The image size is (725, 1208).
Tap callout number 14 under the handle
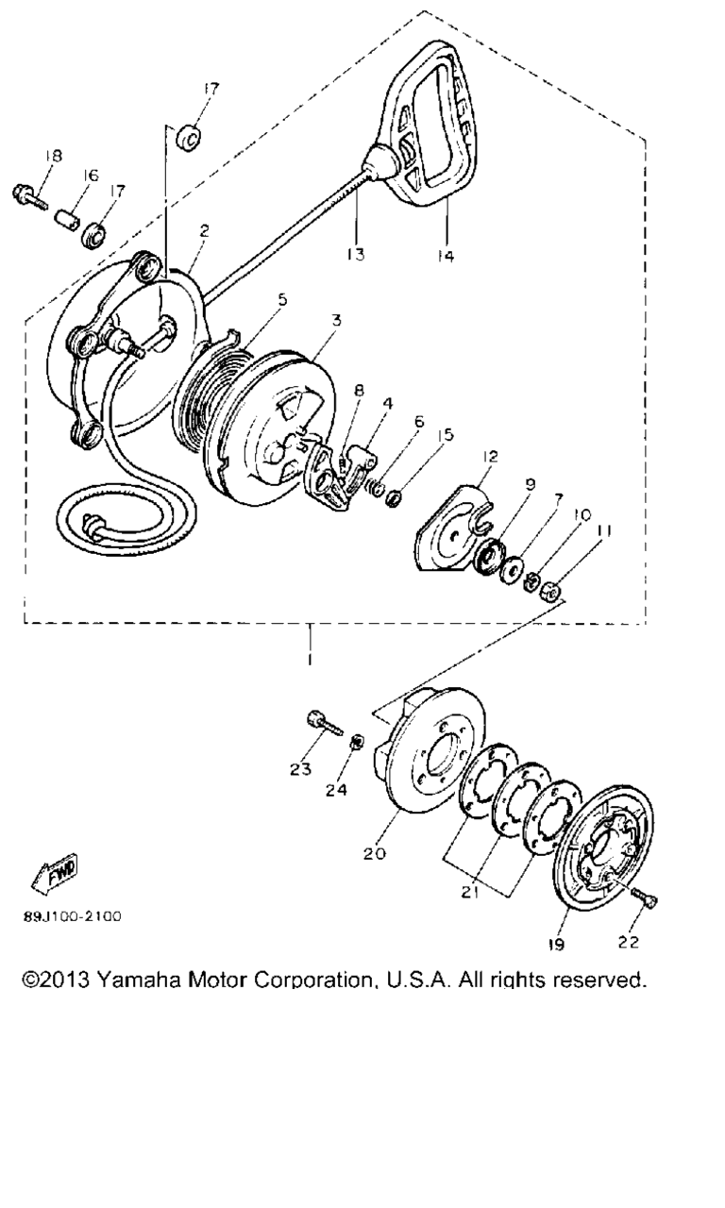coord(447,256)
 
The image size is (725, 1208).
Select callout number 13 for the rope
coord(356,254)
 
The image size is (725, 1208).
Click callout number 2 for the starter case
coord(204,231)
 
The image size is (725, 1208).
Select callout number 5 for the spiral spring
coord(282,300)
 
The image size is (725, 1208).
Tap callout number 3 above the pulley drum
coord(337,320)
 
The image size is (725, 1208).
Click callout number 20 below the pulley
coord(375,854)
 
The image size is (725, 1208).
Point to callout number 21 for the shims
coord(469,893)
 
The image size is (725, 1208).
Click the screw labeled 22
coord(644,898)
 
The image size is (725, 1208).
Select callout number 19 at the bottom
coord(556,944)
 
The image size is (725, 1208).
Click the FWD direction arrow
coord(55,873)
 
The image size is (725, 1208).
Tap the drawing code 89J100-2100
coord(73,916)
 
